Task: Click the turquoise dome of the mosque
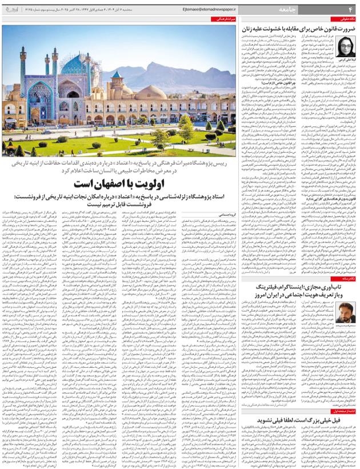coord(73,65)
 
